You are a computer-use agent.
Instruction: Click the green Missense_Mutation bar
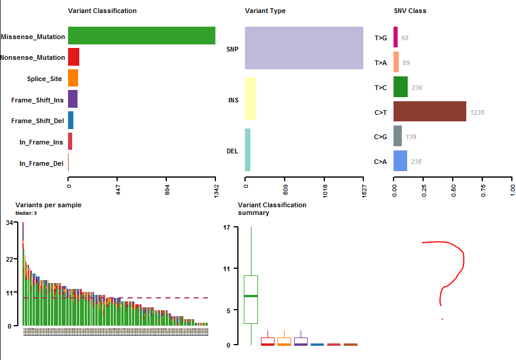(141, 36)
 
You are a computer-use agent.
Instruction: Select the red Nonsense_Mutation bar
(73, 57)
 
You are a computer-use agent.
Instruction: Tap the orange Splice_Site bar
(73, 78)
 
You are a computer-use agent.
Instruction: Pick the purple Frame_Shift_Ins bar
(72, 99)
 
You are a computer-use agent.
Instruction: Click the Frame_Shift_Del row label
(38, 121)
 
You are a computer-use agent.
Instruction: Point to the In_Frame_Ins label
(41, 142)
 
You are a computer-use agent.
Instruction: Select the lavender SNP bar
(304, 48)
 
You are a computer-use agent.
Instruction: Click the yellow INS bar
(250, 99)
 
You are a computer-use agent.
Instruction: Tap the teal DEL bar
(247, 150)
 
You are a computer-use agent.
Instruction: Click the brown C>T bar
(430, 111)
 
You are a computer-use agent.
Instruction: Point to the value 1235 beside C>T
(478, 112)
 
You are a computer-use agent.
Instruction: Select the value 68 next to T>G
(405, 38)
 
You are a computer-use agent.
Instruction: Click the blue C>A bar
(400, 161)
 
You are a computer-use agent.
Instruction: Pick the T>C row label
(380, 88)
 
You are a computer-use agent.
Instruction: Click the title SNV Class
(409, 11)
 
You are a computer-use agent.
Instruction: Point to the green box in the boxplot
(251, 299)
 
